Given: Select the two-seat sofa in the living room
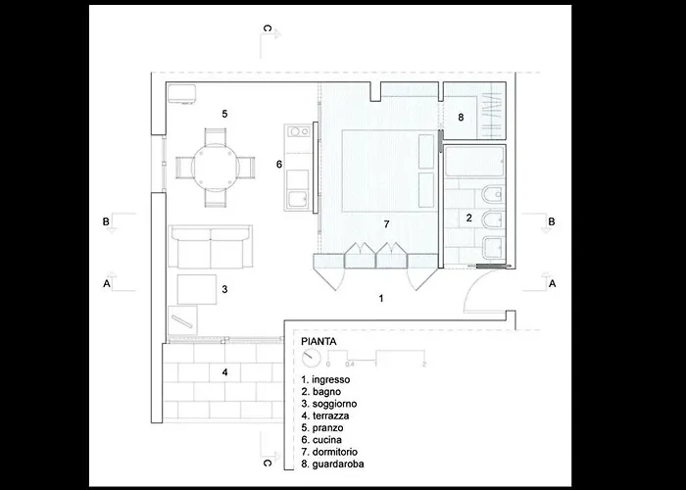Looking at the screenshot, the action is click(x=211, y=246).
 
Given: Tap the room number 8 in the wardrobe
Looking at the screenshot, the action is click(x=461, y=118).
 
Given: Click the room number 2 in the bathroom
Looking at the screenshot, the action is click(x=469, y=218).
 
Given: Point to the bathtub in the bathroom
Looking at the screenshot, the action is click(x=474, y=162).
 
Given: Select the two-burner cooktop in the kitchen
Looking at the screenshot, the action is click(x=299, y=130).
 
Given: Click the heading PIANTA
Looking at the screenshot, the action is click(x=318, y=342).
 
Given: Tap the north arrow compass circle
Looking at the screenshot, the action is click(x=311, y=359).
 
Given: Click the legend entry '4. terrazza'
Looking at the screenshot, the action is click(x=325, y=416).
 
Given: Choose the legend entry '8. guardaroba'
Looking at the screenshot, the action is click(x=332, y=464).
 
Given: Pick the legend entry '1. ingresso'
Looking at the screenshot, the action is click(x=325, y=380).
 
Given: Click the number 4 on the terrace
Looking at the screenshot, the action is click(x=224, y=372).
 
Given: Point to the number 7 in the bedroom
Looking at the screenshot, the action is click(x=386, y=224).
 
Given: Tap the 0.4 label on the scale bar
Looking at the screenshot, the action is click(x=350, y=364).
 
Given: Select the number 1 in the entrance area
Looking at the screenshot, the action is click(x=381, y=298).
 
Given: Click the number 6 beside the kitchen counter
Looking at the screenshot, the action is click(x=279, y=165).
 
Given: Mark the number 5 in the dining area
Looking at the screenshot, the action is click(x=224, y=115).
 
